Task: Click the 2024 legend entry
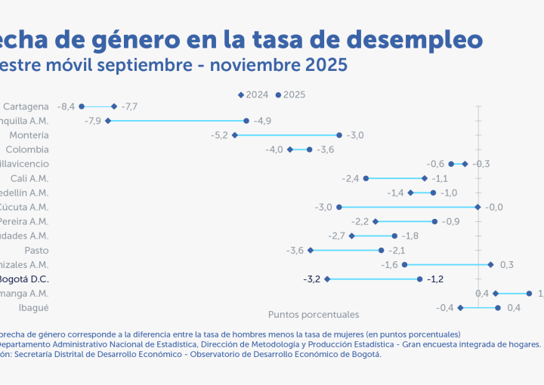pyautogui.click(x=253, y=95)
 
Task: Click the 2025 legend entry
pyautogui.click(x=290, y=95)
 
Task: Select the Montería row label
pyautogui.click(x=29, y=135)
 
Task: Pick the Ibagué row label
pyautogui.click(x=34, y=308)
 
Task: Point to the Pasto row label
pyautogui.click(x=36, y=251)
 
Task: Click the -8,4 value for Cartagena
pyautogui.click(x=66, y=107)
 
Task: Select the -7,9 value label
pyautogui.click(x=93, y=121)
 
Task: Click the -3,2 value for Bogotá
pyautogui.click(x=311, y=279)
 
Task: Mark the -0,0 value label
pyautogui.click(x=494, y=207)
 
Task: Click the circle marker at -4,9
pyautogui.click(x=246, y=121)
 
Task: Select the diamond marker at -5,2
pyautogui.click(x=235, y=135)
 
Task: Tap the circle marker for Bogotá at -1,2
pyautogui.click(x=419, y=279)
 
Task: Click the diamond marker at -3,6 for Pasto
pyautogui.click(x=311, y=251)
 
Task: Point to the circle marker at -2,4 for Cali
pyautogui.click(x=366, y=178)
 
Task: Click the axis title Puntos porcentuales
pyautogui.click(x=314, y=314)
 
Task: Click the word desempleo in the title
pyautogui.click(x=409, y=38)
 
